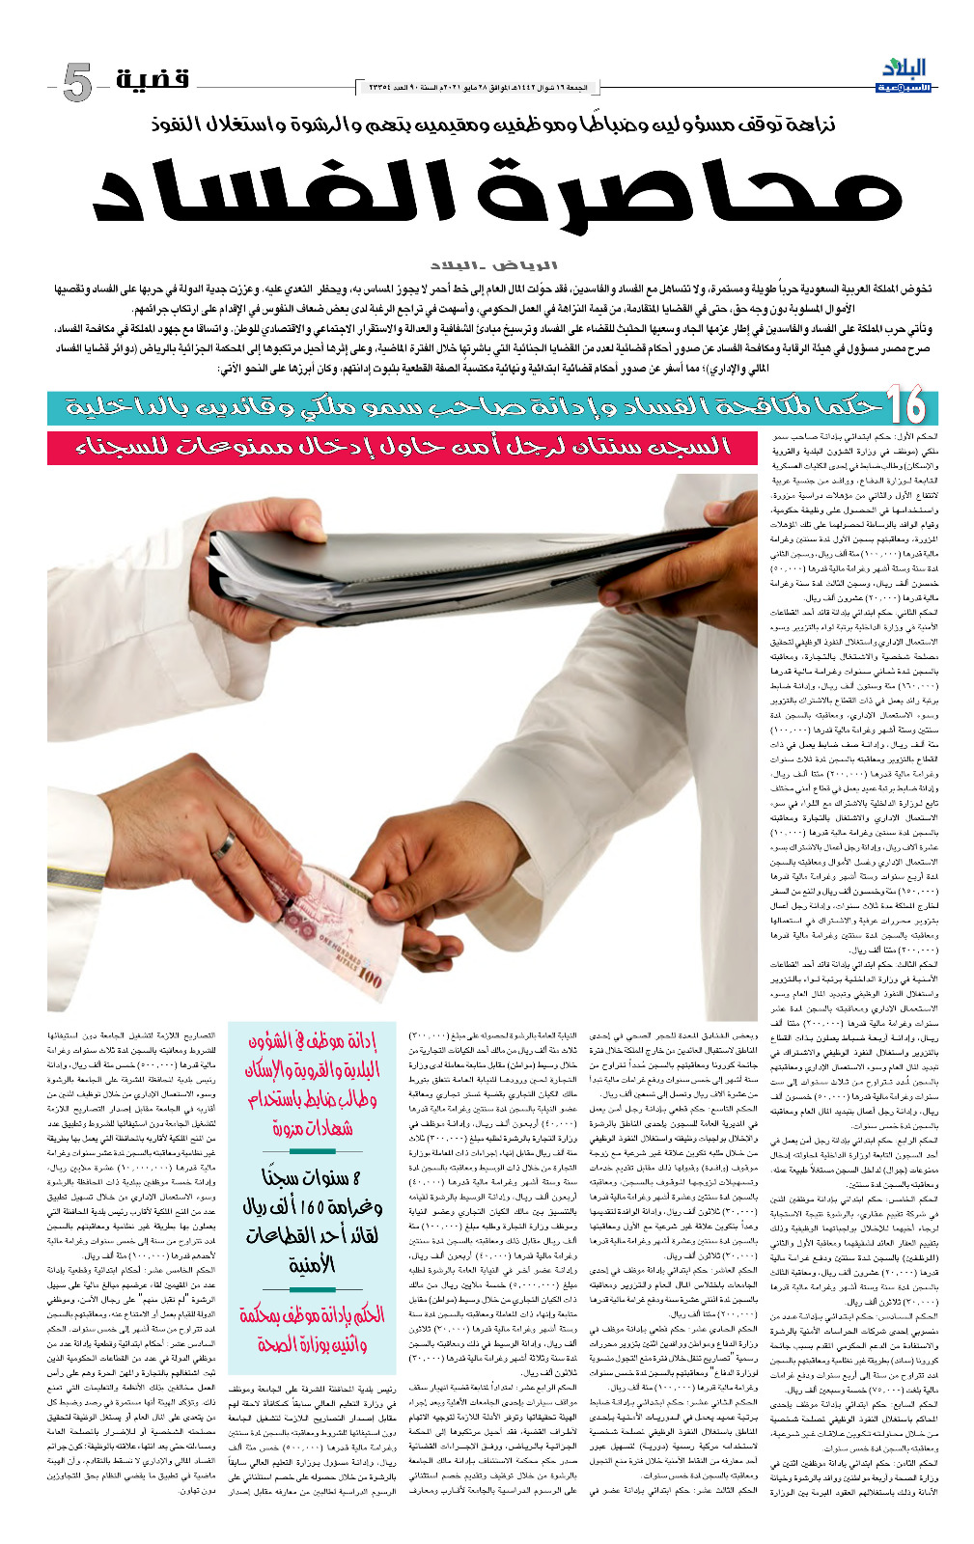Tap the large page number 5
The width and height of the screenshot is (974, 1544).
point(77,83)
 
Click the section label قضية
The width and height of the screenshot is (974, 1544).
point(153,78)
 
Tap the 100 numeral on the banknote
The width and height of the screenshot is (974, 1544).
point(370,979)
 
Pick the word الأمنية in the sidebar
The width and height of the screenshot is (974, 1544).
point(312,1264)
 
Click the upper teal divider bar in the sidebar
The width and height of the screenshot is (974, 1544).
point(312,1152)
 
